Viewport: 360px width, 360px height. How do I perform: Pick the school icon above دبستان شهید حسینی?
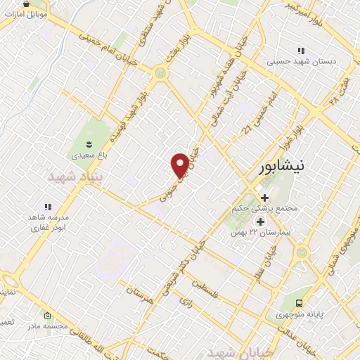point(301,51)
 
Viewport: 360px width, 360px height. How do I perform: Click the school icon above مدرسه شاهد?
point(48,207)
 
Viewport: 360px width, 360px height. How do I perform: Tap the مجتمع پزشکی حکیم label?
point(265,209)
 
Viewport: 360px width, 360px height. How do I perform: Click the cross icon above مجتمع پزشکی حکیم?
point(264,198)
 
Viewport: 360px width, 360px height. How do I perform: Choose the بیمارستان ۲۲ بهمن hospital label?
point(264,232)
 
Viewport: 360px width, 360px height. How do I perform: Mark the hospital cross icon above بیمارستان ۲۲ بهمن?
point(259,221)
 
